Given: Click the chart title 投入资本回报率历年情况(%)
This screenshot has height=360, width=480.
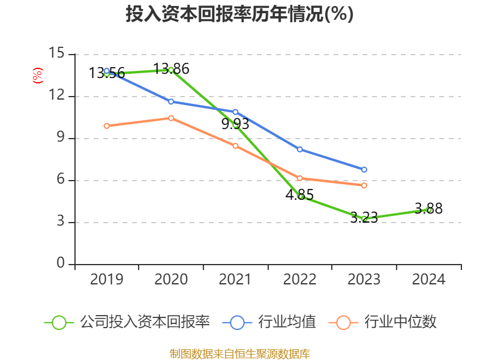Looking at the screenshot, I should tap(239, 14).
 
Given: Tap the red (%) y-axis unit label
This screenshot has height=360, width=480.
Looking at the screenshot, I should tap(38, 76).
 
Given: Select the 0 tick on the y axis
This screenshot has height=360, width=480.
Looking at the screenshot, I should tap(60, 264).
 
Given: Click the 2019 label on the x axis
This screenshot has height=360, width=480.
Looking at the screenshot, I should tap(107, 280).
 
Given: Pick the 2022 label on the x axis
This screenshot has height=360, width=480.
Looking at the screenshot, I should tap(299, 280).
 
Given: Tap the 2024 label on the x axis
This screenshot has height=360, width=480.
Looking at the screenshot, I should tap(428, 280).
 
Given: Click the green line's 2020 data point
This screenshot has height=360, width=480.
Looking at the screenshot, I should tap(171, 70).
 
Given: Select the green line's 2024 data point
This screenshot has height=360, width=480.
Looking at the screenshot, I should tap(428, 210).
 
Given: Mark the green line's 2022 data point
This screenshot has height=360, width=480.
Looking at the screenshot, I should tap(300, 196).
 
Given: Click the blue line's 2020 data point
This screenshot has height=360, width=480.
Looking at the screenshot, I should tap(171, 101).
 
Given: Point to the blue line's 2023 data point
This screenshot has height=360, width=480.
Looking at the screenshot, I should tap(364, 170).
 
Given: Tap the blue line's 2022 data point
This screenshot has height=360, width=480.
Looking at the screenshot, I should tap(300, 149).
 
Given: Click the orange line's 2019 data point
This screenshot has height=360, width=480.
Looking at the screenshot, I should tap(107, 126).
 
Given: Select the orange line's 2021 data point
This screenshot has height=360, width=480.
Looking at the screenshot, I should tap(235, 146).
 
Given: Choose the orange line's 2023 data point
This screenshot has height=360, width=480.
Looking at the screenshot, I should tap(364, 185).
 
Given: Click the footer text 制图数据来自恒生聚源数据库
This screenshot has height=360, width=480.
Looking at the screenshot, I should tap(239, 353).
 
